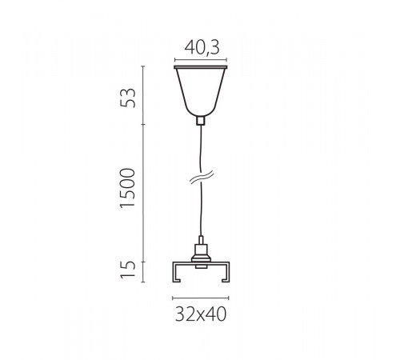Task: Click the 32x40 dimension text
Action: tap(200, 314)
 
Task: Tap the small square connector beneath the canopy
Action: tap(200, 122)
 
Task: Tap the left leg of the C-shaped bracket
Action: tap(174, 271)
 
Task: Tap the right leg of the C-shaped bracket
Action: tap(226, 271)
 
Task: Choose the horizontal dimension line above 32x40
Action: tap(200, 298)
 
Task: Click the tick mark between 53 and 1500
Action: tap(143, 125)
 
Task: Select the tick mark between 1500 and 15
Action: tap(143, 262)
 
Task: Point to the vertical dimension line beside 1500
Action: tap(143, 192)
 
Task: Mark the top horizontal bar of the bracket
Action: tap(200, 262)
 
